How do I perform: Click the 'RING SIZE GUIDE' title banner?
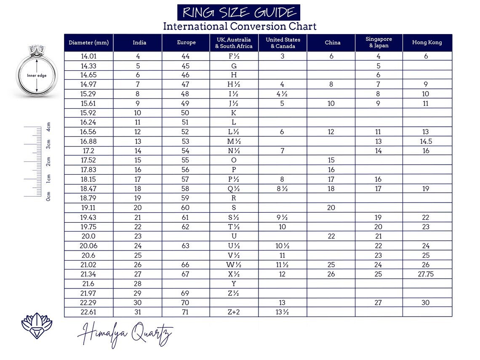tap(239, 13)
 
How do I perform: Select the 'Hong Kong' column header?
tap(427, 43)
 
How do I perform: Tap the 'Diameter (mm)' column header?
tap(88, 43)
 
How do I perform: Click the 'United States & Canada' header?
tap(283, 43)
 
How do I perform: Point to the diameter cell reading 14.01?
tap(88, 56)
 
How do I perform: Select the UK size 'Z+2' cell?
tap(234, 312)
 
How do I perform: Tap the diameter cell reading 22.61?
tap(88, 312)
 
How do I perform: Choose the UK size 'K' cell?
tap(234, 113)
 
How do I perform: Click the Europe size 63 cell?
tap(185, 246)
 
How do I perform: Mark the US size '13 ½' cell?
tap(282, 312)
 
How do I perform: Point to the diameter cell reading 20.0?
tap(88, 237)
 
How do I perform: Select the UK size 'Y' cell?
tap(234, 284)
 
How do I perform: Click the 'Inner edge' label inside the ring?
tap(37, 76)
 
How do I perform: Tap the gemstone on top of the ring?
tap(37, 49)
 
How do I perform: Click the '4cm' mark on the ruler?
tap(48, 127)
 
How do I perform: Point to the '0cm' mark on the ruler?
tap(48, 196)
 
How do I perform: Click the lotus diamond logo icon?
tap(37, 325)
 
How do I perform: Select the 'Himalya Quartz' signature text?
tap(125, 335)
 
